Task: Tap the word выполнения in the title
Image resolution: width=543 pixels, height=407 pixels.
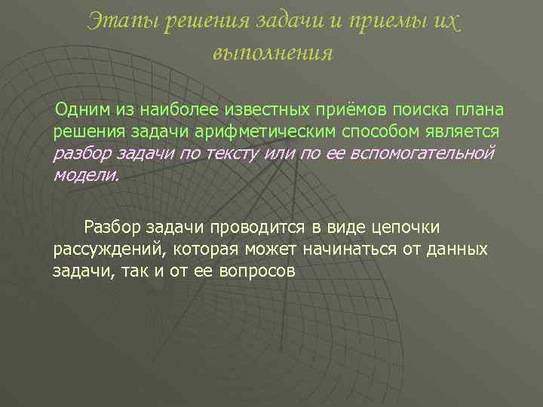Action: pyautogui.click(x=272, y=53)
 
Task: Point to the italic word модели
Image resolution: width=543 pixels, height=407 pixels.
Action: pyautogui.click(x=85, y=176)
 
